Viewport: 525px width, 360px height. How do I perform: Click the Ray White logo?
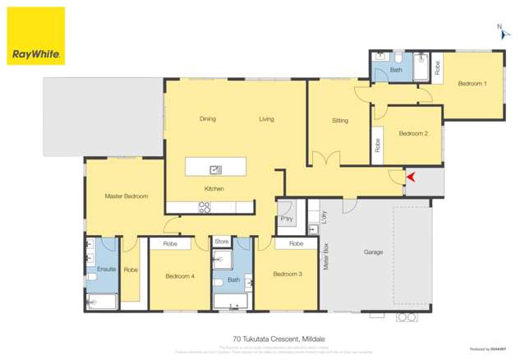35,36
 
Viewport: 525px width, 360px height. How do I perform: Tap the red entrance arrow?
411,176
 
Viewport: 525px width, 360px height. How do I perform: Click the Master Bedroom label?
126,196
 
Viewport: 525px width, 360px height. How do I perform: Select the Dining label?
208,119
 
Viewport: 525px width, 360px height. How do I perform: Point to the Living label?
266,119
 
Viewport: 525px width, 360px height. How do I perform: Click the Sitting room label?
340,121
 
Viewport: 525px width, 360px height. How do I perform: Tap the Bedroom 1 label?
472,84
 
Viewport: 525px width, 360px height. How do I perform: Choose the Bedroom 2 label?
413,133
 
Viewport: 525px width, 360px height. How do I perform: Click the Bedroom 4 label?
180,276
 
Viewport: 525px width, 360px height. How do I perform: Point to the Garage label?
374,252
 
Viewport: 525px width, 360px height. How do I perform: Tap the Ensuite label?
107,269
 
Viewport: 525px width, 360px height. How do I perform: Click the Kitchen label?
214,189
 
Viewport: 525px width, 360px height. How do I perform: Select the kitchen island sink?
215,170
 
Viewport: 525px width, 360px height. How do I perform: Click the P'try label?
287,219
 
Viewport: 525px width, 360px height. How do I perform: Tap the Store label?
222,242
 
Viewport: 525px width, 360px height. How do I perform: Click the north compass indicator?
500,31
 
